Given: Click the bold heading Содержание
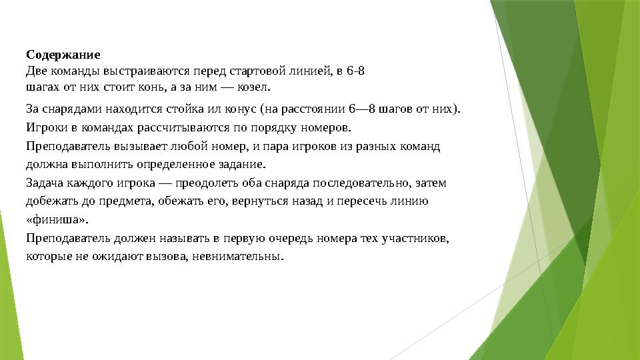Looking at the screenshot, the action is [x=63, y=55].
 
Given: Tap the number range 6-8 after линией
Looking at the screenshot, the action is [x=355, y=71].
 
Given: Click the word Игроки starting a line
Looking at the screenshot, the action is [x=47, y=128].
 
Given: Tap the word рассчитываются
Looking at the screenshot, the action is [x=183, y=128].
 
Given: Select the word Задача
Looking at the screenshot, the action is [x=45, y=183].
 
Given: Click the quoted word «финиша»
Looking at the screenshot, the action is [x=57, y=219].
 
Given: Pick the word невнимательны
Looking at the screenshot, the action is [x=237, y=256].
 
